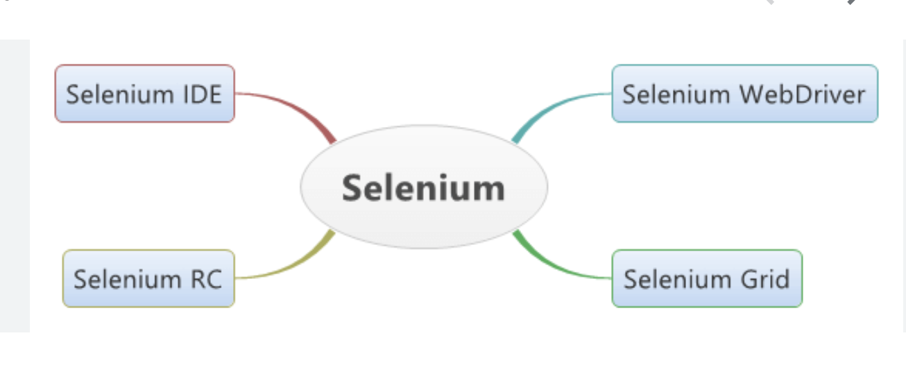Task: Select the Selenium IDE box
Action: (144, 94)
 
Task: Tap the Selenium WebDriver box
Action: (744, 94)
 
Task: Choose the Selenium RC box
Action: (148, 278)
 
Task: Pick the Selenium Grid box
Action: (706, 278)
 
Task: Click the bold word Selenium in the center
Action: (424, 187)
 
